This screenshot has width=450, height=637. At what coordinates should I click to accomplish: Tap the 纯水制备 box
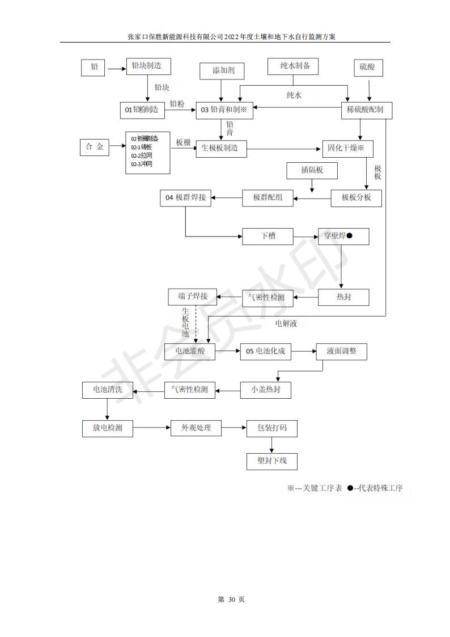292,66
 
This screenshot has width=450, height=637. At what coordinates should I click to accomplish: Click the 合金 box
94,147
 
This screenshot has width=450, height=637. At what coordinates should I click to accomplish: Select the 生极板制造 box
221,149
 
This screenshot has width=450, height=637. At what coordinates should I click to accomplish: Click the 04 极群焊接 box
186,197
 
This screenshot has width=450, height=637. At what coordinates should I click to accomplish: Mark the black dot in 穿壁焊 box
350,235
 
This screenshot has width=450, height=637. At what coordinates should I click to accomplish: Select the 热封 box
343,297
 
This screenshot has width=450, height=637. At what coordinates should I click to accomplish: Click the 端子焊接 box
193,296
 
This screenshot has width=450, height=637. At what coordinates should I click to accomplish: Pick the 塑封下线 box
271,461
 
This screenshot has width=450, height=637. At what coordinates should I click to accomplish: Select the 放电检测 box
107,428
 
